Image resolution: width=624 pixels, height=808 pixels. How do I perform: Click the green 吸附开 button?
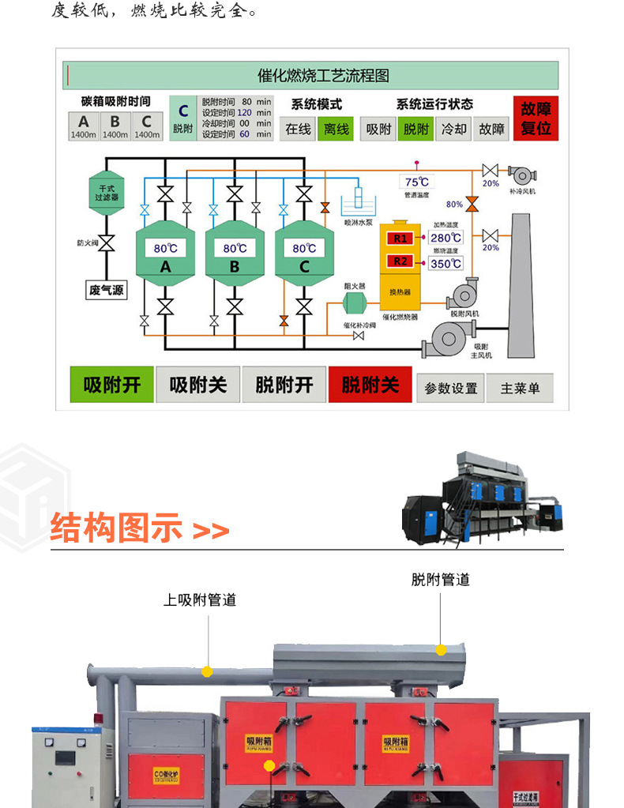(111, 385)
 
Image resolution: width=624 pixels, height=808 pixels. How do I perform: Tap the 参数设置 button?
(451, 388)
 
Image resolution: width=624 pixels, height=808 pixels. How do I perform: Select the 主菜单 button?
(520, 388)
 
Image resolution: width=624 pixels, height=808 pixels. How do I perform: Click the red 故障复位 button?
(536, 118)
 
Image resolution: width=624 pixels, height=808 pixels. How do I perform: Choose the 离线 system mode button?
(336, 129)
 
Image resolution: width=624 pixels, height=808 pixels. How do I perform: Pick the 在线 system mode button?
(299, 129)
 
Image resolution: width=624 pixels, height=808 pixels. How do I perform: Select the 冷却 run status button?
(454, 129)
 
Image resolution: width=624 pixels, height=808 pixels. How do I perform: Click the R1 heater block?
(400, 239)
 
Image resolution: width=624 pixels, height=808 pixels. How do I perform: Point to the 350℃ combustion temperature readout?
(445, 263)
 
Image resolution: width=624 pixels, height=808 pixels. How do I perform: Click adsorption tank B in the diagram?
(235, 253)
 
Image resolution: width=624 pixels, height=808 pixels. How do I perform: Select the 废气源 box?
(107, 290)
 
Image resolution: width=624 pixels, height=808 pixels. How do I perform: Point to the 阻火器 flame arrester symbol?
(354, 303)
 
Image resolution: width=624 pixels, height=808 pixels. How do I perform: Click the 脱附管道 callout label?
(440, 580)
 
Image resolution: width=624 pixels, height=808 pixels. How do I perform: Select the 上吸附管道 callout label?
(200, 600)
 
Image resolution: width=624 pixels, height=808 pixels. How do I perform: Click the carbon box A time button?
(84, 126)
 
